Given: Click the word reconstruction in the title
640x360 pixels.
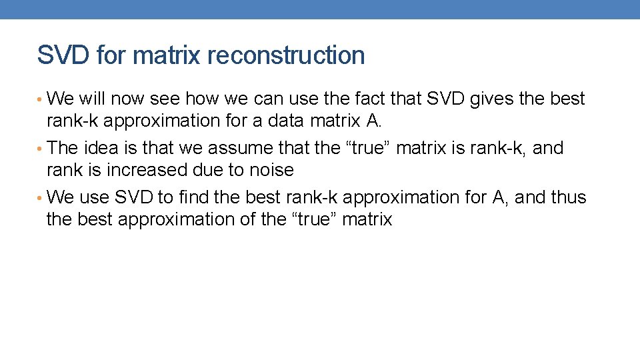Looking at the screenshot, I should pyautogui.click(x=286, y=55).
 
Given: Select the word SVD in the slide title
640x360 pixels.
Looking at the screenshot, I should pyautogui.click(x=64, y=55).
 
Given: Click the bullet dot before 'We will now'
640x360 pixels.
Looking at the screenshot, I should pyautogui.click(x=41, y=99).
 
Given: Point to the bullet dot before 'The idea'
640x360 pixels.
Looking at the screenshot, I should pyautogui.click(x=41, y=149).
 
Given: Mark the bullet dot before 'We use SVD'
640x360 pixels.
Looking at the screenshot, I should pyautogui.click(x=41, y=198).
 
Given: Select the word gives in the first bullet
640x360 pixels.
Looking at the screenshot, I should pyautogui.click(x=492, y=99).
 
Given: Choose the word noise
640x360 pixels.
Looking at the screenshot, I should pyautogui.click(x=271, y=170).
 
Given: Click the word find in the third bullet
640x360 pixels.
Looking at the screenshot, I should pyautogui.click(x=193, y=197).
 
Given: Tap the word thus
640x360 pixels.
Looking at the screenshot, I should pyautogui.click(x=569, y=197).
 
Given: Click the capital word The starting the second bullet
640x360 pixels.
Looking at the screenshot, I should pyautogui.click(x=63, y=148).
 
